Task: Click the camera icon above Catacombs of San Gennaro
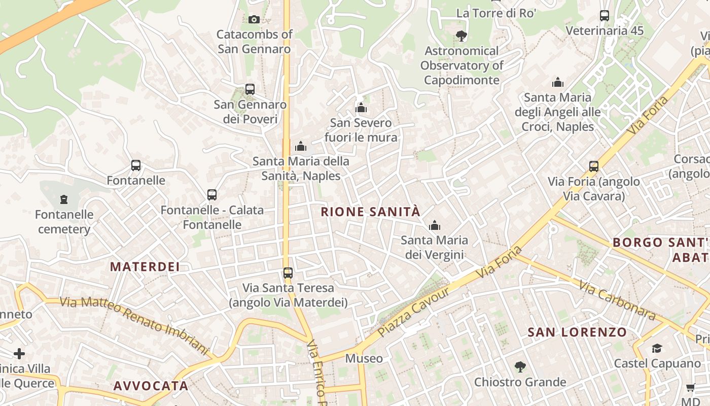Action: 254,19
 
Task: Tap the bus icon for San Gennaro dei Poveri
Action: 250,89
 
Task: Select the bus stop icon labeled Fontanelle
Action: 136,165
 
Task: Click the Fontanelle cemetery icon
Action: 64,199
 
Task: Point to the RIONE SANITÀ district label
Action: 371,212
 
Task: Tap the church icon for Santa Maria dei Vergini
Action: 435,225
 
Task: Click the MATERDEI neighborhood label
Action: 145,266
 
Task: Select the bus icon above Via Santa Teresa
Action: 288,273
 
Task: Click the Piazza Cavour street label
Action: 414,313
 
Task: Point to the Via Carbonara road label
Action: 617,301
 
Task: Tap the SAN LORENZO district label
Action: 577,332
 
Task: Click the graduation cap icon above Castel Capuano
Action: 657,348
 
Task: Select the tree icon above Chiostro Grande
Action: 520,366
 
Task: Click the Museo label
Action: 364,358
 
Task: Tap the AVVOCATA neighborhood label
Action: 151,386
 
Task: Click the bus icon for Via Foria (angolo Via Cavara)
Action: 594,166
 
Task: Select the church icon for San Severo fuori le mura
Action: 361,108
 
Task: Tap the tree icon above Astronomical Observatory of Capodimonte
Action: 461,36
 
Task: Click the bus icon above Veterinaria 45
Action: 605,15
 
